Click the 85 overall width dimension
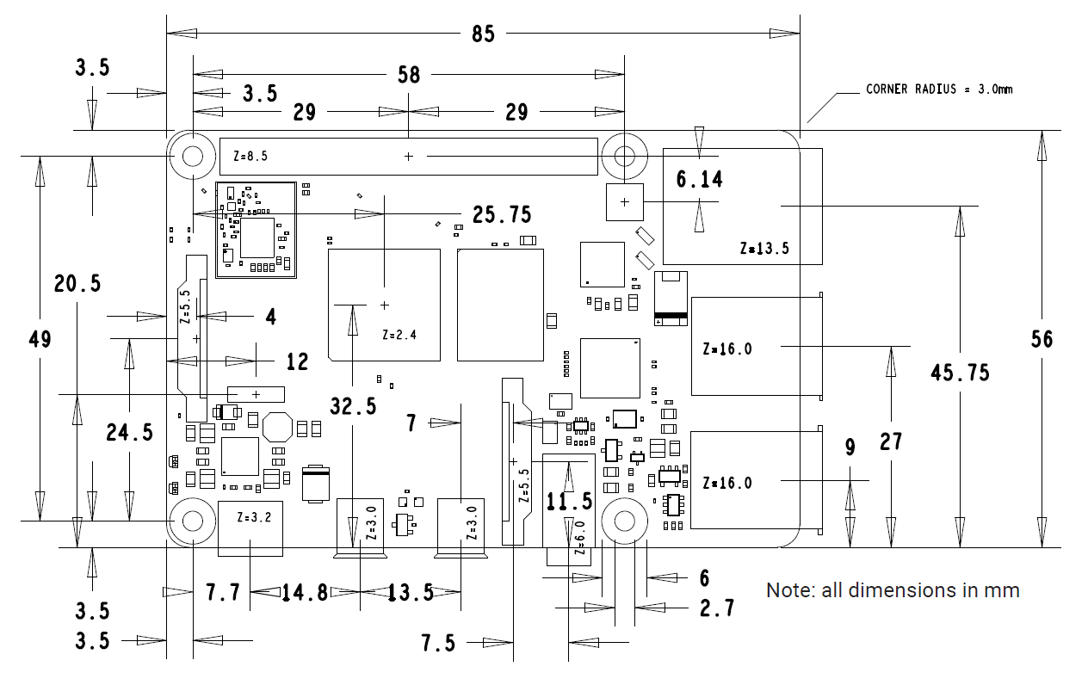(x=483, y=34)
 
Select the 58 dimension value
(x=409, y=75)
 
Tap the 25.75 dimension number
(x=502, y=214)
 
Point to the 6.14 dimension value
(x=700, y=180)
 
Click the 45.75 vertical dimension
(x=960, y=373)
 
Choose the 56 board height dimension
(x=1042, y=339)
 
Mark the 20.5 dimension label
(x=77, y=283)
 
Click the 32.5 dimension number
(x=353, y=406)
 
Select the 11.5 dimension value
(x=569, y=502)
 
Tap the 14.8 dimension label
(x=305, y=593)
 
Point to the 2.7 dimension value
(x=717, y=608)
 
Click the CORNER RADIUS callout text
(x=939, y=89)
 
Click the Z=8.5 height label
(x=250, y=157)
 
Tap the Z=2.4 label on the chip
(x=399, y=335)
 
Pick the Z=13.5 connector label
(x=764, y=249)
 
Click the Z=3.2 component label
(x=254, y=517)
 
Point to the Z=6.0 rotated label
(x=580, y=538)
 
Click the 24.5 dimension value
(x=129, y=433)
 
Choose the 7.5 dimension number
(x=438, y=643)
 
